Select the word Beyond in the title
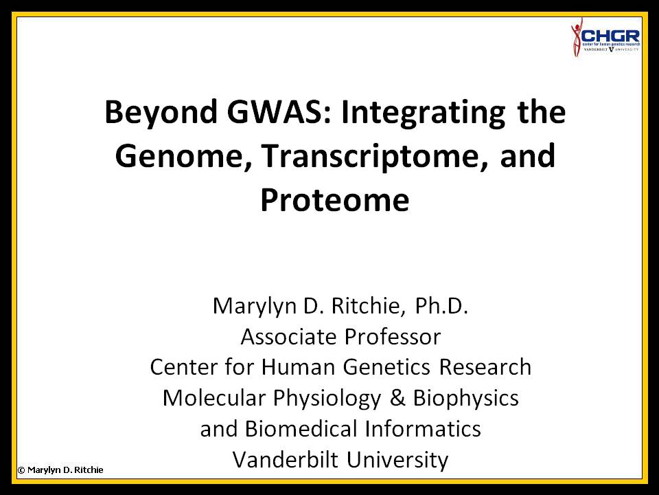pyautogui.click(x=161, y=113)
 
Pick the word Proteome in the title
pyautogui.click(x=335, y=200)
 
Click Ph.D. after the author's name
pyautogui.click(x=441, y=305)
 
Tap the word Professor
pyautogui.click(x=393, y=337)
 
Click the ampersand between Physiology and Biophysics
pyautogui.click(x=397, y=398)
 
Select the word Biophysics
pyautogui.click(x=465, y=399)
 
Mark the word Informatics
pyautogui.click(x=423, y=429)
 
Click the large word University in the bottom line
pyautogui.click(x=397, y=460)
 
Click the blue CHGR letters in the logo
pyautogui.click(x=611, y=36)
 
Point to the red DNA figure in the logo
pyautogui.click(x=576, y=37)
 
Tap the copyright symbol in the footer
pyautogui.click(x=21, y=470)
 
